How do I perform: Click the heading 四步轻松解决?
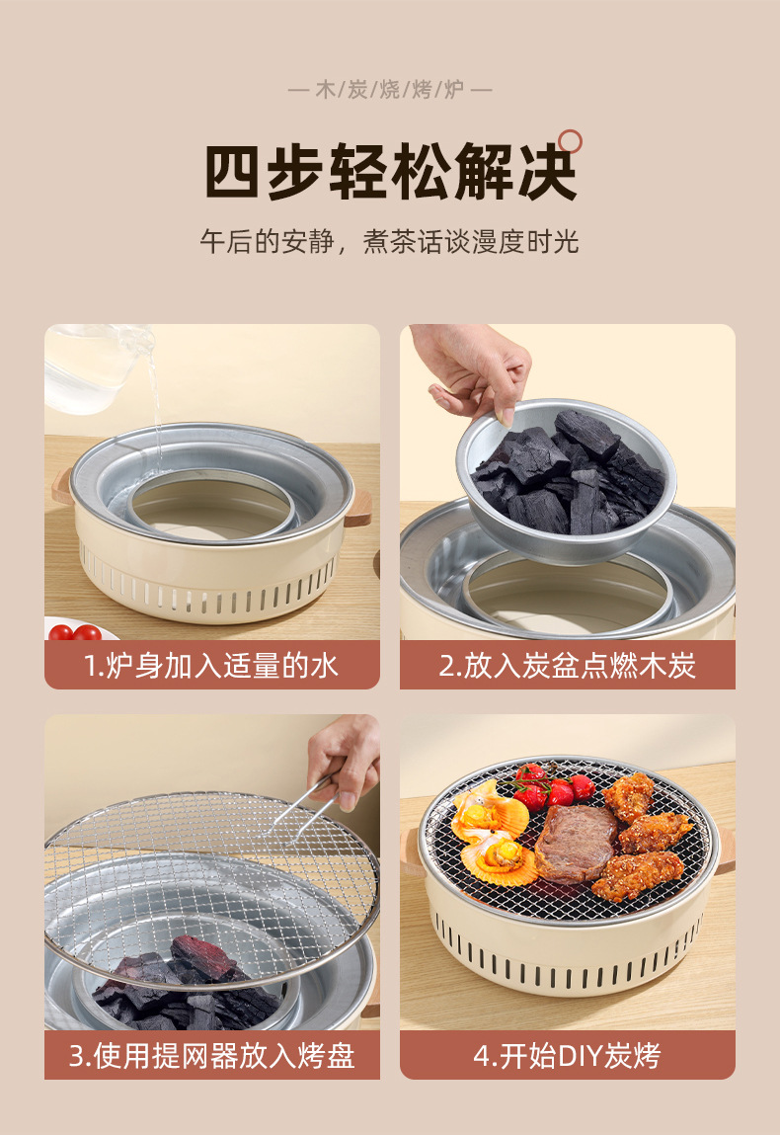pos(391,172)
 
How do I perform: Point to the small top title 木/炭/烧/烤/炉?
pos(390,90)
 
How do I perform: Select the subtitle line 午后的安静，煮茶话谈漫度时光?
pos(389,241)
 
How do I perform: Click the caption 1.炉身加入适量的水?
pos(212,665)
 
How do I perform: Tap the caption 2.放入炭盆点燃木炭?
pos(568,665)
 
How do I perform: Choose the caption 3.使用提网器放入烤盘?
pos(212,1055)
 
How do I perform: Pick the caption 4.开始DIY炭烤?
pos(568,1055)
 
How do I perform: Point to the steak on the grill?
pos(576,844)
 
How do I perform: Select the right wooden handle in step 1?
pos(358,508)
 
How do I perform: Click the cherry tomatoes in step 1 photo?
pos(74,632)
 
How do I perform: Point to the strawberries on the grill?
pos(553,787)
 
